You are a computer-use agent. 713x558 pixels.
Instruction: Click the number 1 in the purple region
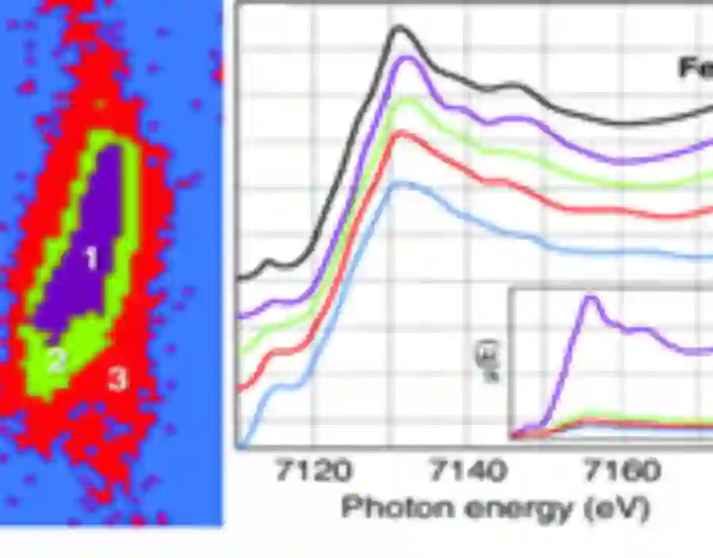pyautogui.click(x=91, y=258)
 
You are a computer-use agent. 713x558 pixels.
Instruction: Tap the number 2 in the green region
pyautogui.click(x=55, y=361)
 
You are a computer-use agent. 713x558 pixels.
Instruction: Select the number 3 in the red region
pyautogui.click(x=117, y=380)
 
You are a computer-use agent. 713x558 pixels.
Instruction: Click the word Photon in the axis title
pyautogui.click(x=389, y=507)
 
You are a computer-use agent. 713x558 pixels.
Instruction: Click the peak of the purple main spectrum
pyautogui.click(x=405, y=58)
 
